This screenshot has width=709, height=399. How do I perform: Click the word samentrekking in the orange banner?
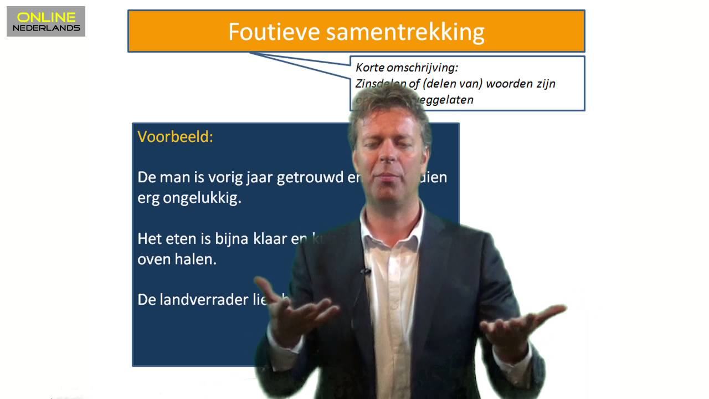coord(405,32)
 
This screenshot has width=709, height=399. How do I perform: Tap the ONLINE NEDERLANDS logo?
coord(46,22)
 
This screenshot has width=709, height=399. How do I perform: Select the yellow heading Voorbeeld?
coord(175,136)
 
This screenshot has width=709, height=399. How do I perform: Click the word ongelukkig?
coord(202,198)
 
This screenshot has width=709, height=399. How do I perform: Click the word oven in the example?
coord(155,259)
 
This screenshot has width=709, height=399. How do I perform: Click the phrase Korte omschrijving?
coord(407,68)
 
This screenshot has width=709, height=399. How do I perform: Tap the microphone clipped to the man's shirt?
coord(366,272)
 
